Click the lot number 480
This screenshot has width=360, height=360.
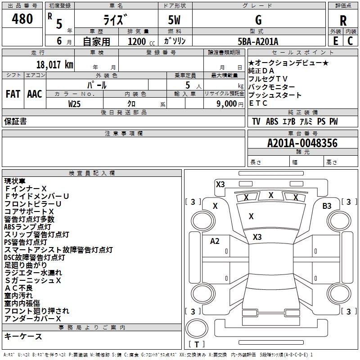point(22,18)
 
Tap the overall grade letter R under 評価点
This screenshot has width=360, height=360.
point(343,20)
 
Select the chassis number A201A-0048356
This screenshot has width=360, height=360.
point(302,143)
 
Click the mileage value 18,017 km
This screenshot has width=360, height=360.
point(55,64)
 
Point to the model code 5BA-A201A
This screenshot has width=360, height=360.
point(258,41)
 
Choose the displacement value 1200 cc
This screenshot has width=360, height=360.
point(141,41)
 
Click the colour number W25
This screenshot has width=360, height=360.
point(74,104)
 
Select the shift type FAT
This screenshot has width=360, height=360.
point(13,94)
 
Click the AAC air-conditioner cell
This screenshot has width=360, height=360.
point(35,94)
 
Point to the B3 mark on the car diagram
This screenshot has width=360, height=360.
point(327,206)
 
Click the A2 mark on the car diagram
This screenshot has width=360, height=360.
point(215,241)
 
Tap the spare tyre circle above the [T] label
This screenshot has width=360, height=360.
point(197,328)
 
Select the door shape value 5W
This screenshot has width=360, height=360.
point(174,20)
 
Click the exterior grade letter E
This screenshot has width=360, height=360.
point(336,41)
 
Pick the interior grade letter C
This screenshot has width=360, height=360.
point(350,41)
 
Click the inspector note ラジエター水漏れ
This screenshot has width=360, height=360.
point(33,273)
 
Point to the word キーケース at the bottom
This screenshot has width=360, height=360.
point(23,337)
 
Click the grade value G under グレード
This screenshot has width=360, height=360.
point(258,20)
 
